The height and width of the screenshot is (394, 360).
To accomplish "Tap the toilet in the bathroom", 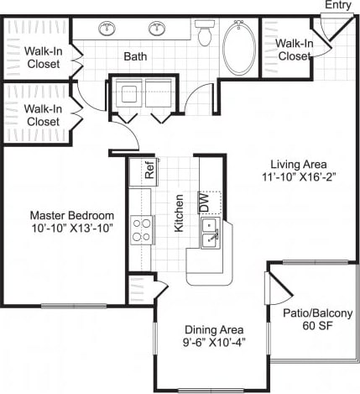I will coord(204,34).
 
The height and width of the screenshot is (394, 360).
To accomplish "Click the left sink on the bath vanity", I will coord(107,29).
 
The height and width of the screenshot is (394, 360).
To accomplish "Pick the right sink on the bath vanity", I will coord(157,29).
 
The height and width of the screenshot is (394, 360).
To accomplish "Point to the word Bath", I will coord(136,57).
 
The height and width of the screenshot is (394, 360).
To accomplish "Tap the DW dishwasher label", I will coord(203,203).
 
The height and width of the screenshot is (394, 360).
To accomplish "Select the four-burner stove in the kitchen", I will coord(141,229).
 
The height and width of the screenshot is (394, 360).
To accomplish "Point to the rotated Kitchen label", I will coord(179,213).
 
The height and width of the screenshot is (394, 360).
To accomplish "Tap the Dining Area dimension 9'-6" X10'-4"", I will coord(213,341).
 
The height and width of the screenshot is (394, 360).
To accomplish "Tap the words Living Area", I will coord(292,164).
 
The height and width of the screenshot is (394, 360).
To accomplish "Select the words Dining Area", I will coord(213,328).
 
